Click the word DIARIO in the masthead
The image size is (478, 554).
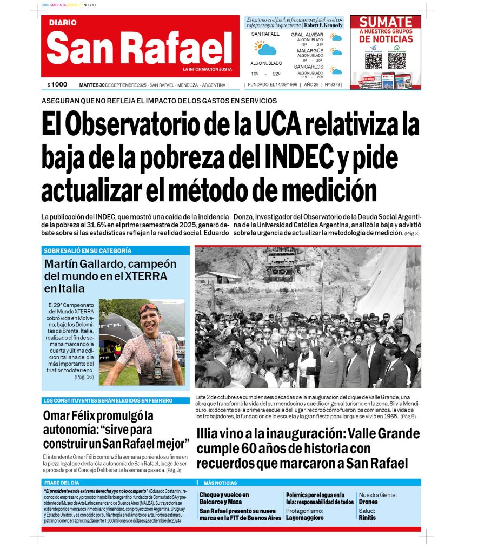tap(63, 23)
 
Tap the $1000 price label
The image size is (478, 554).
tap(57, 85)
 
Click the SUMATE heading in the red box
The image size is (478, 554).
tap(386, 22)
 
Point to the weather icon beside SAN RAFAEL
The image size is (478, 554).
tap(265, 49)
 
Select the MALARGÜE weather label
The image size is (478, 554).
tap(310, 51)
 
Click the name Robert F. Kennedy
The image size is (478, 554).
tap(323, 25)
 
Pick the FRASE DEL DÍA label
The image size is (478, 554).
tap(62, 482)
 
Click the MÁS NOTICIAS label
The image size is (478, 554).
tap(220, 482)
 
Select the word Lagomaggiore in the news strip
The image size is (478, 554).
tap(305, 518)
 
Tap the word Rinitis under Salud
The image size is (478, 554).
tap(367, 518)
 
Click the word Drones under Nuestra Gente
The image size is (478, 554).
tap(369, 502)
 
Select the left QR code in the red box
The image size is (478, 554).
tap(373, 60)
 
